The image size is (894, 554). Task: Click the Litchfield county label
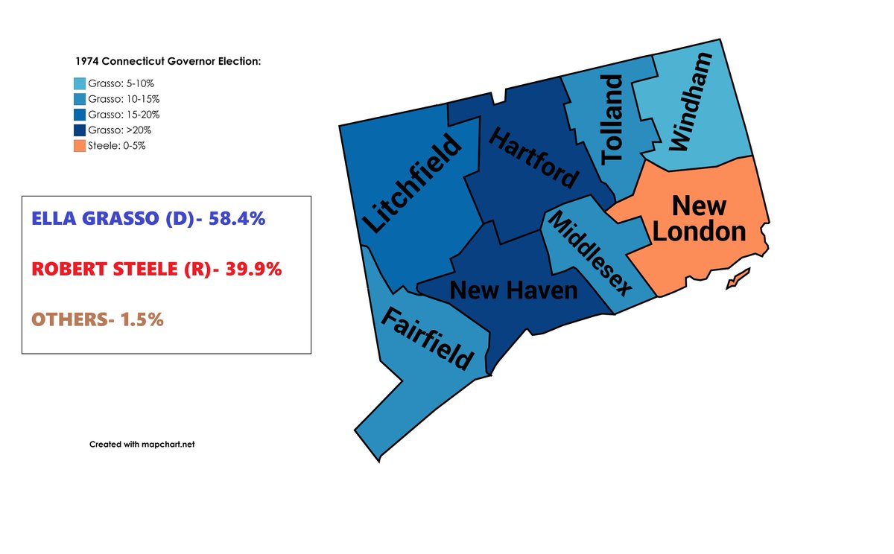(411, 183)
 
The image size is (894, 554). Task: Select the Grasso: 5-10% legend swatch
(80, 84)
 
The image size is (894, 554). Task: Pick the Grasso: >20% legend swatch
(80, 130)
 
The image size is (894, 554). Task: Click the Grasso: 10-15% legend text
(124, 99)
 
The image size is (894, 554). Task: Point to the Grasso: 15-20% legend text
(124, 115)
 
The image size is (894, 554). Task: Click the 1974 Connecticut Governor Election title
(168, 61)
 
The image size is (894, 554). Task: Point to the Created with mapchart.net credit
(142, 444)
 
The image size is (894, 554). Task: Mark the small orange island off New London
(735, 280)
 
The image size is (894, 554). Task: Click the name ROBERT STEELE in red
(112, 270)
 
